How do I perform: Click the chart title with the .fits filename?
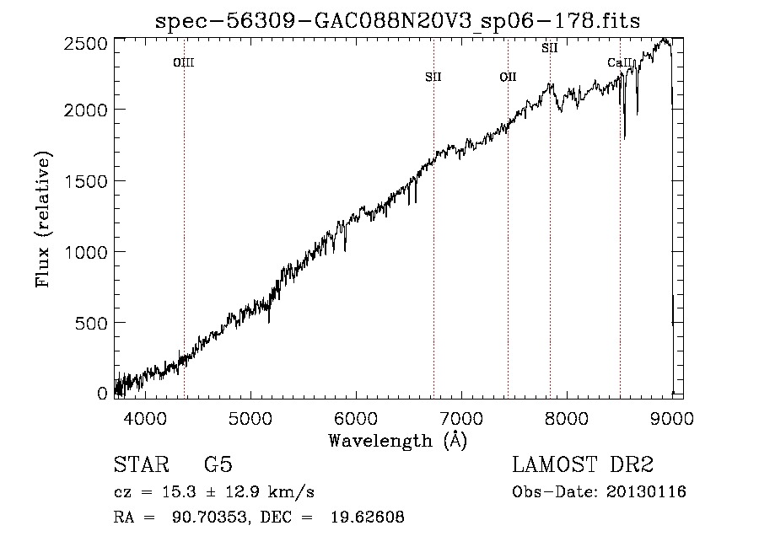[x=397, y=21]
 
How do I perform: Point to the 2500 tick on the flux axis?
[x=86, y=44]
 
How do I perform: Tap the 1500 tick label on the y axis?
[x=86, y=181]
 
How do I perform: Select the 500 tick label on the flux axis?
[x=91, y=323]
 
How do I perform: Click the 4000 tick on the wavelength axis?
[x=145, y=418]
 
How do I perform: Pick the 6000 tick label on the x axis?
[x=356, y=418]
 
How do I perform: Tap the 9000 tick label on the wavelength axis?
[x=672, y=418]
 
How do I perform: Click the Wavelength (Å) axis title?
[x=398, y=441]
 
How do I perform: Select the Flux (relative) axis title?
[x=43, y=219]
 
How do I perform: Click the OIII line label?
[x=184, y=62]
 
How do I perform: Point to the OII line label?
[x=508, y=77]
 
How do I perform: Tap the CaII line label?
[x=620, y=62]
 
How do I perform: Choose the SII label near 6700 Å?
[x=433, y=77]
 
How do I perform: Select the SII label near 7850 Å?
[x=549, y=48]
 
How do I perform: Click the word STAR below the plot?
[x=142, y=464]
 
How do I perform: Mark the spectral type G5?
[x=218, y=464]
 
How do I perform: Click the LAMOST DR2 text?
[x=583, y=464]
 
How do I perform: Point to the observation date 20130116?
[x=646, y=492]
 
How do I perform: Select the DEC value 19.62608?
[x=368, y=518]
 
